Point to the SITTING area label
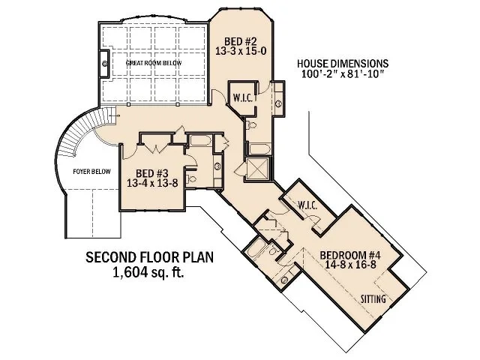click(373, 299)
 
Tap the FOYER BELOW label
click(88, 172)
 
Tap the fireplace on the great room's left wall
click(104, 65)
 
